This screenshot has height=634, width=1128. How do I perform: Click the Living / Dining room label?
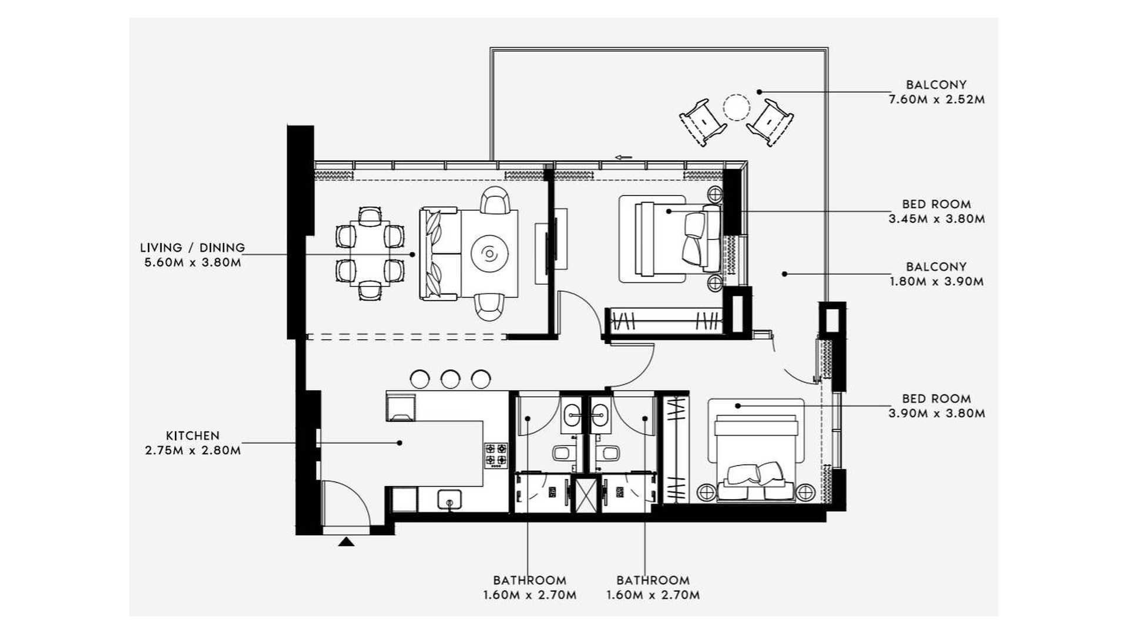(x=192, y=248)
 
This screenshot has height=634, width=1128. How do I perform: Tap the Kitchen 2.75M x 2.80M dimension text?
(x=192, y=451)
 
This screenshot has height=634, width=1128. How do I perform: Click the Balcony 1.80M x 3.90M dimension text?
(x=936, y=282)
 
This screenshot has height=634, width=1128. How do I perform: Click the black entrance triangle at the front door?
(x=346, y=542)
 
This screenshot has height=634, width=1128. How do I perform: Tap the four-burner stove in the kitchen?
(x=496, y=455)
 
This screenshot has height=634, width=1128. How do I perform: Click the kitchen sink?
(x=449, y=500)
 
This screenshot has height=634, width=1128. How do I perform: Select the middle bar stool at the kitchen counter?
(x=450, y=379)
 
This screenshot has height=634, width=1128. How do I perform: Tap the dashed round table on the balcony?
(x=736, y=107)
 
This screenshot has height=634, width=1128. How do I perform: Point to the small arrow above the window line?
(x=623, y=157)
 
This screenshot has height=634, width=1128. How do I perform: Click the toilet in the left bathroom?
(x=561, y=453)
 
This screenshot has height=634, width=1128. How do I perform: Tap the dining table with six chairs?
(x=370, y=254)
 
